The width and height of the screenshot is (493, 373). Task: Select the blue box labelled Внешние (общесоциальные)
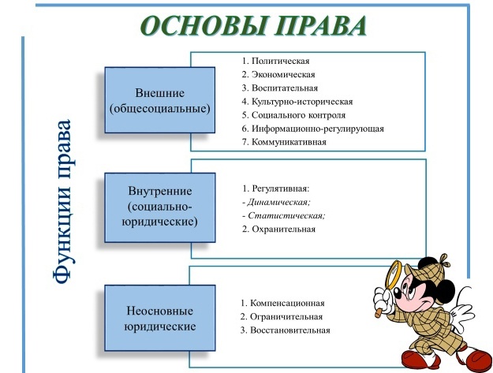coord(161,101)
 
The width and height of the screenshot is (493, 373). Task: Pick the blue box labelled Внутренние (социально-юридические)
coord(161,206)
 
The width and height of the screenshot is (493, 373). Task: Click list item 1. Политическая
coord(277,61)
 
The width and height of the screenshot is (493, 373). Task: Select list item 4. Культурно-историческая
coord(297,101)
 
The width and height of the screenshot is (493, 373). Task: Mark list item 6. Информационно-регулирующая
coord(313,128)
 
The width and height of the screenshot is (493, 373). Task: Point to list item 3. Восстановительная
coord(286,330)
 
